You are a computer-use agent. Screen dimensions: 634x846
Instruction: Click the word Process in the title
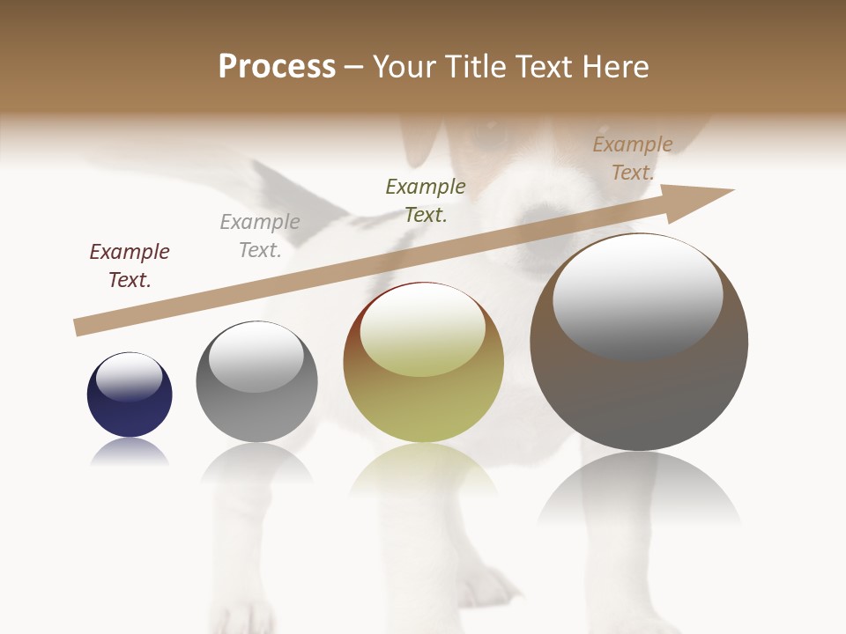(x=277, y=67)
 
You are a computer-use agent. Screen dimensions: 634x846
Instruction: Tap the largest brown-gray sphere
(x=639, y=387)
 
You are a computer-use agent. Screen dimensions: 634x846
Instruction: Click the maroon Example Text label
(x=130, y=265)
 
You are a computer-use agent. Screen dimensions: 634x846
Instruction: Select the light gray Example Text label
(x=260, y=235)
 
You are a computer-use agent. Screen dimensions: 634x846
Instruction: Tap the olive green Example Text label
(x=426, y=200)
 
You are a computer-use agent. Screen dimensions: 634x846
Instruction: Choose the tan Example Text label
(x=633, y=158)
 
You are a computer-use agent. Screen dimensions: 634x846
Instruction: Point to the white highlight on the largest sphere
(x=638, y=297)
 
